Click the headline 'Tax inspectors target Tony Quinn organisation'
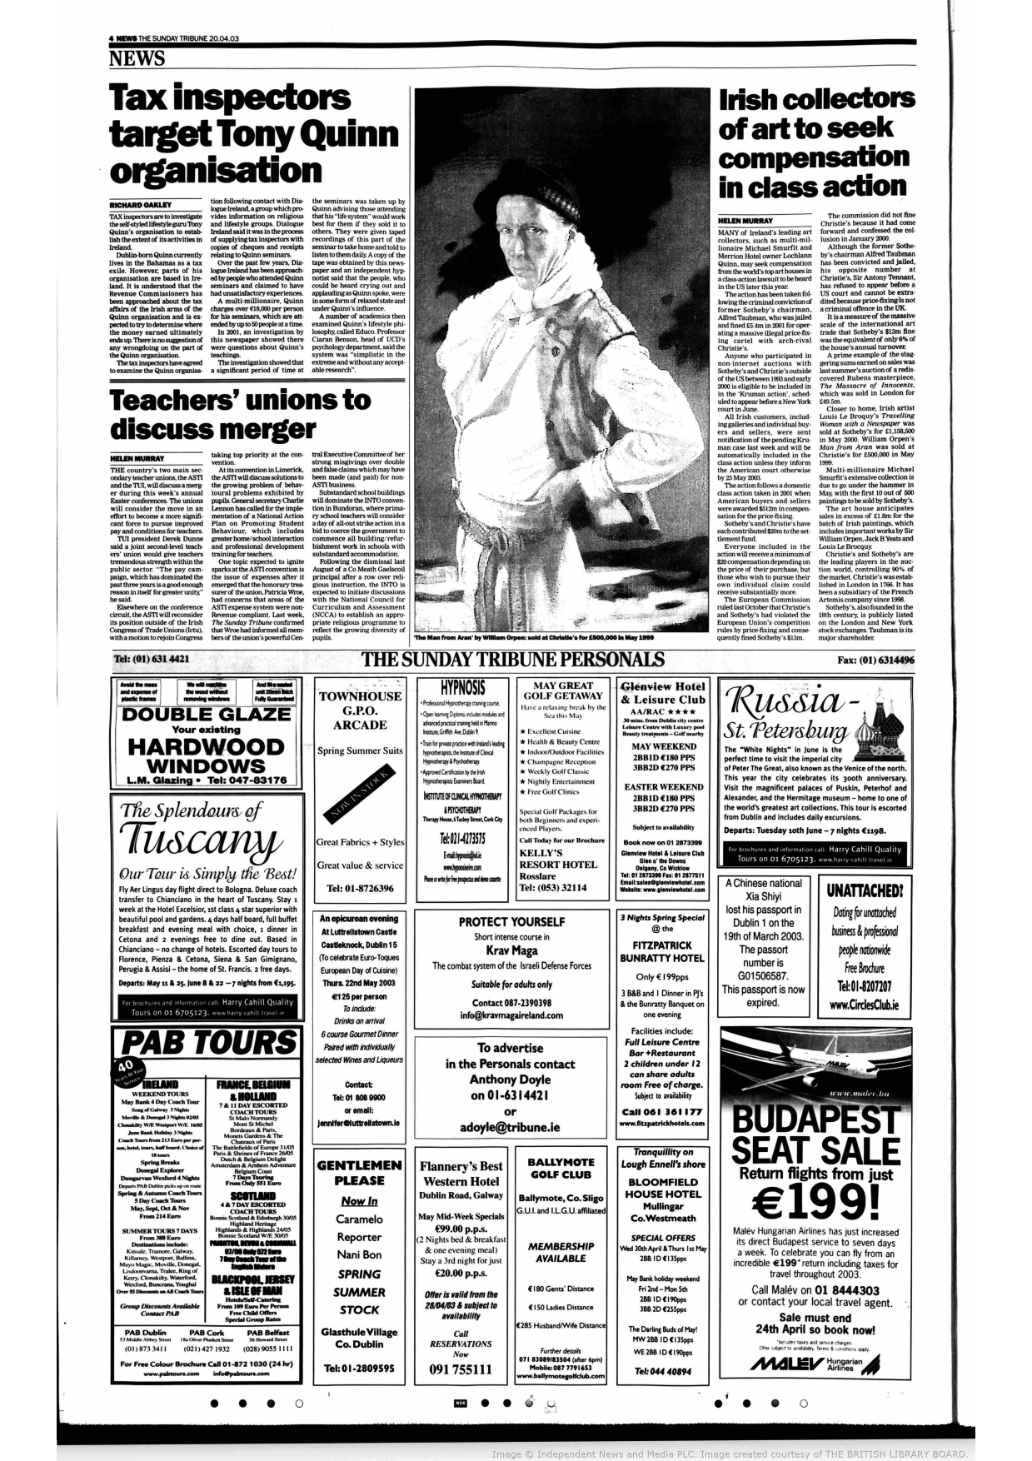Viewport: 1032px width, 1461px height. coord(254,135)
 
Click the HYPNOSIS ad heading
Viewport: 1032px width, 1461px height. coord(463,688)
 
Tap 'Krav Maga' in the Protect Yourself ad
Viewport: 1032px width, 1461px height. coord(511,950)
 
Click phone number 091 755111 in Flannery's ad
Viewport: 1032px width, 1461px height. coord(461,1369)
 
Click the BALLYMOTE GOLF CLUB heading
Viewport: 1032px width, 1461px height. coord(561,1168)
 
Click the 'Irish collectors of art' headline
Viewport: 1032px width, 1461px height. coord(815,142)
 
